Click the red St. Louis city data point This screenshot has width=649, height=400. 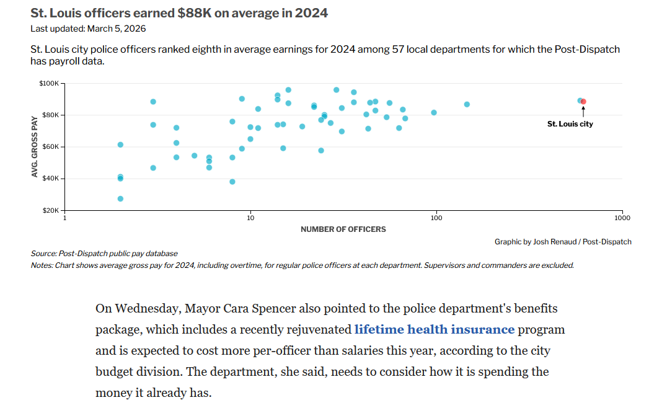coord(583,101)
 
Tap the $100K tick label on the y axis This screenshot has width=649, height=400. coord(49,83)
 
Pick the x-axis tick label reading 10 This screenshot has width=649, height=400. coord(250,219)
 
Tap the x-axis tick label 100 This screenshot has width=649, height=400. coord(436,219)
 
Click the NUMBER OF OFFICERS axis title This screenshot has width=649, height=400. coord(343,229)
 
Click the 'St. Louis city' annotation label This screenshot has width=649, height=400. coord(570,124)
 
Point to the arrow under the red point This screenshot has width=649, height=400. coord(583,112)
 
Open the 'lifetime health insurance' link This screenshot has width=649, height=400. coord(434,329)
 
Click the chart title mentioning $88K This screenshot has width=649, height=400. coord(179,13)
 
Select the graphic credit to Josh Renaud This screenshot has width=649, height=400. coord(563,242)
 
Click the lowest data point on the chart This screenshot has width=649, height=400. coord(120,198)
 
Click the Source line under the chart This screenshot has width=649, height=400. coord(104,254)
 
